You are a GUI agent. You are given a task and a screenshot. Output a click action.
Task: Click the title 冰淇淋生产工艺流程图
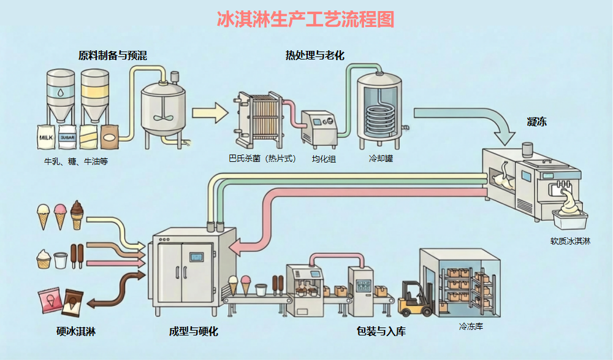pyautogui.click(x=305, y=19)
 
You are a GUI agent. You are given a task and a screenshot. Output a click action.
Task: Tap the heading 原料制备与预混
pyautogui.click(x=112, y=56)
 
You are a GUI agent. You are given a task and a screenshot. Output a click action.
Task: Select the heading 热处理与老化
pyautogui.click(x=314, y=56)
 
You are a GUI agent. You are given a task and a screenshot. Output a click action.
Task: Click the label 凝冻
pyautogui.click(x=536, y=121)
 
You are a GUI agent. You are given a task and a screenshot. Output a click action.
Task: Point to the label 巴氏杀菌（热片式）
pyautogui.click(x=262, y=159)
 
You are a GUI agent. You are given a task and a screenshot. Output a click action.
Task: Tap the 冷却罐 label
pyautogui.click(x=380, y=159)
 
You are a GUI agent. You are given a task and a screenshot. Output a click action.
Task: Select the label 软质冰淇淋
pyautogui.click(x=569, y=241)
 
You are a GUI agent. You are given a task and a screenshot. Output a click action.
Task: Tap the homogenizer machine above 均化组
pyautogui.click(x=319, y=129)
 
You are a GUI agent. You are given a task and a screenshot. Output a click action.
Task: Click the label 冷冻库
pyautogui.click(x=471, y=326)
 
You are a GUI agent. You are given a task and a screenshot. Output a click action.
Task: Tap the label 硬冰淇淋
pyautogui.click(x=75, y=332)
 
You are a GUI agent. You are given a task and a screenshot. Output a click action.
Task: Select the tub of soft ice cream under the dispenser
pyautogui.click(x=569, y=218)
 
